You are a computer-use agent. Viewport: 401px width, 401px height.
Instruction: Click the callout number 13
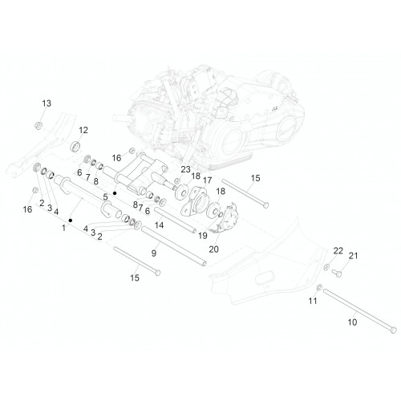click(x=47, y=103)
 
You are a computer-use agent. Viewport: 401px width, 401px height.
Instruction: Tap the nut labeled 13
click(x=38, y=125)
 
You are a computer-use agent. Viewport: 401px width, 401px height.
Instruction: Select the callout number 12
click(x=83, y=130)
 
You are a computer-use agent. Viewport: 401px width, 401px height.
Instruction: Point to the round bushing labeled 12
click(x=75, y=146)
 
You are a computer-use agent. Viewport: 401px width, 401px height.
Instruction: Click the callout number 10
click(x=352, y=322)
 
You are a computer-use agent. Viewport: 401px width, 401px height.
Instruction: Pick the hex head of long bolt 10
click(x=393, y=330)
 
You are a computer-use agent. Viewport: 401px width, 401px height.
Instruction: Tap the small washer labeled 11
click(x=319, y=288)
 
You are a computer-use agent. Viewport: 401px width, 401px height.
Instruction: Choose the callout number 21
click(x=353, y=256)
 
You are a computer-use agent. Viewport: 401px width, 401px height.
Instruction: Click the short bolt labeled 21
click(x=337, y=273)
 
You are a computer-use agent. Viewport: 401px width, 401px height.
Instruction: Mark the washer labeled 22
click(x=326, y=267)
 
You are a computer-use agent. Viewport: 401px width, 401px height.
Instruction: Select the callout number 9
click(x=154, y=253)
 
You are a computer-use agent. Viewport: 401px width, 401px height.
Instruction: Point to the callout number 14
click(x=159, y=225)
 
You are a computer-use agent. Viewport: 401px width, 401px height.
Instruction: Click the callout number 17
click(x=207, y=180)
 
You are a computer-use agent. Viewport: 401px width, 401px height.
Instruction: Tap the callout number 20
click(x=213, y=249)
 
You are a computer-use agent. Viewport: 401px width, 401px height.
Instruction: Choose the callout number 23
click(x=185, y=169)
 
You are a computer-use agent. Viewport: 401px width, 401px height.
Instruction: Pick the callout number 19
click(x=203, y=236)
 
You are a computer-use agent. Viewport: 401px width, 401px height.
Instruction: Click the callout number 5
click(x=105, y=197)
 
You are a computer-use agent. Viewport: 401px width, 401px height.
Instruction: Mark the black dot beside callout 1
click(x=71, y=221)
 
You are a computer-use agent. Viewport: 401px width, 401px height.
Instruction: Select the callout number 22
click(x=338, y=251)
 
